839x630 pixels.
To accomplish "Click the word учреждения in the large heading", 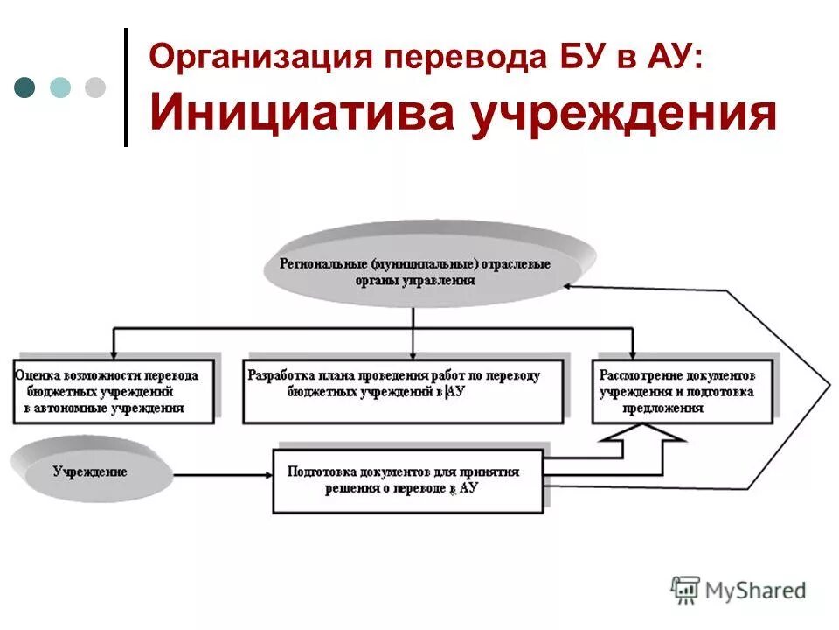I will [623, 114].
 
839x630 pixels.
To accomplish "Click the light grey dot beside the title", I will [94, 87].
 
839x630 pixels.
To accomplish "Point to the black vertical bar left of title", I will [126, 87].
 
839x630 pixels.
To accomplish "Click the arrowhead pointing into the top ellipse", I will [569, 285].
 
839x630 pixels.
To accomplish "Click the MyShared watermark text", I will [757, 591].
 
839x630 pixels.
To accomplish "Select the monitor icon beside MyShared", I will [686, 590].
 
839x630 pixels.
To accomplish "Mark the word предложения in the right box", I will [663, 408].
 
